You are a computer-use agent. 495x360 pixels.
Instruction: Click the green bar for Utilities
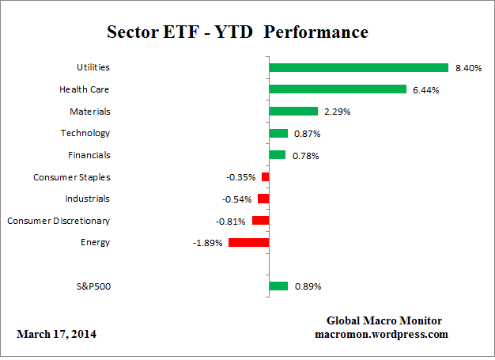pyautogui.click(x=359, y=68)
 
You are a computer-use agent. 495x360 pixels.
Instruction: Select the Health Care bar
pyautogui.click(x=338, y=89)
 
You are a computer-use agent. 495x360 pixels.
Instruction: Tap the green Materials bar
pyautogui.click(x=293, y=112)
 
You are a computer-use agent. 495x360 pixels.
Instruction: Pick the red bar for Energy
pyautogui.click(x=249, y=242)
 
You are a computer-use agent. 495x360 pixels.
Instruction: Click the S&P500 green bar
pyautogui.click(x=278, y=286)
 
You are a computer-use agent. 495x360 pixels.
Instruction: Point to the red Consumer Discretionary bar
pyautogui.click(x=261, y=221)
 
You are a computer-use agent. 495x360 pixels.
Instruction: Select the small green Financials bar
pyautogui.click(x=278, y=155)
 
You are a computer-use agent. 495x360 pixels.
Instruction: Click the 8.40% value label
pyautogui.click(x=468, y=68)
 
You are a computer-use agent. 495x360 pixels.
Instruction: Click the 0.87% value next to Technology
pyautogui.click(x=307, y=134)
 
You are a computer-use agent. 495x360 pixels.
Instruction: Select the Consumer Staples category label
pyautogui.click(x=72, y=177)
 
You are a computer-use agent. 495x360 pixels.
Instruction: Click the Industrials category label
pyautogui.click(x=88, y=199)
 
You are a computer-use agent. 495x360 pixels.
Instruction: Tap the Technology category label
pyautogui.click(x=85, y=133)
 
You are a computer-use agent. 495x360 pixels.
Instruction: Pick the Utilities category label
pyautogui.click(x=93, y=68)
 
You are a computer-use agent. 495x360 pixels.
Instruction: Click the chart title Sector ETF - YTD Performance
pyautogui.click(x=237, y=32)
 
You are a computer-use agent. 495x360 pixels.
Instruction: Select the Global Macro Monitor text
pyautogui.click(x=384, y=320)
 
